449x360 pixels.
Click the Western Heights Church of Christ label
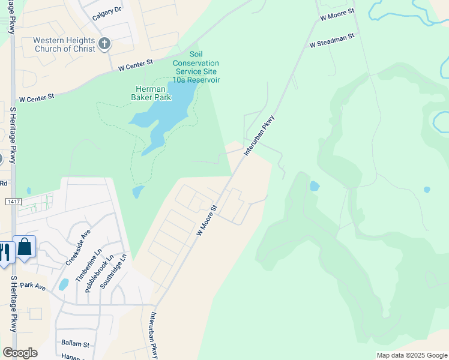pos(64,44)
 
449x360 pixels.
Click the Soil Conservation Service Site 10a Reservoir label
pos(196,71)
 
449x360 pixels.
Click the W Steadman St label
pos(333,40)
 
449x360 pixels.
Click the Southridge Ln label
pos(115,271)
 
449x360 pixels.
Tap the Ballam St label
pos(75,344)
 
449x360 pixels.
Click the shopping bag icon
pos(25,246)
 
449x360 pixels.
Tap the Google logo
pos(20,353)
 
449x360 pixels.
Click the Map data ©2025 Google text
pos(411,355)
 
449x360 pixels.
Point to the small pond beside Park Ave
pos(64,284)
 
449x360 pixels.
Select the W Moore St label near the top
pos(337,14)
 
